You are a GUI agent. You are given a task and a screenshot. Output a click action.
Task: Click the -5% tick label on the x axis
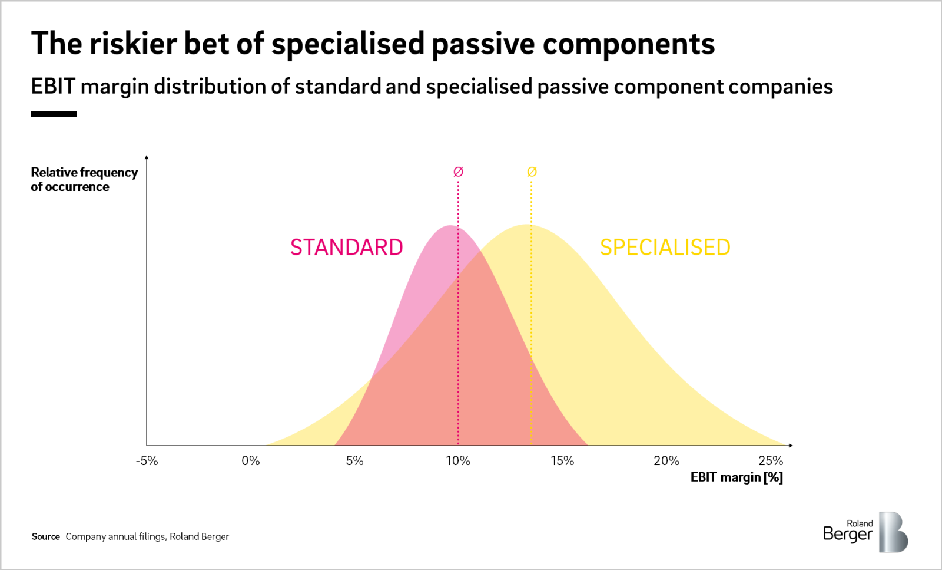coord(147,461)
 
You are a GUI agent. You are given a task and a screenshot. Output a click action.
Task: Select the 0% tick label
coord(251,461)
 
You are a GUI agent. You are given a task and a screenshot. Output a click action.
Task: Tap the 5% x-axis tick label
coord(354,461)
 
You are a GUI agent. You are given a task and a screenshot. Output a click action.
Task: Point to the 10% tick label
coord(458,461)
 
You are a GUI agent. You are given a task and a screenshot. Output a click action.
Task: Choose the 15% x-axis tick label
coord(562,461)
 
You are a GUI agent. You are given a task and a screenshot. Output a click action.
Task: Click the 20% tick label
coord(666,461)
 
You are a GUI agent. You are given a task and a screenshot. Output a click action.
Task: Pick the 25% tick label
coord(770,461)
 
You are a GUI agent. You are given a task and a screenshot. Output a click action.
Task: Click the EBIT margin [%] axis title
coord(737,477)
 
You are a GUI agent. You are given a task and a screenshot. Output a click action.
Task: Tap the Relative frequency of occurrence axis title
coord(84,179)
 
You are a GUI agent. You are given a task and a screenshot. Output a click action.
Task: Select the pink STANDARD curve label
coord(346,248)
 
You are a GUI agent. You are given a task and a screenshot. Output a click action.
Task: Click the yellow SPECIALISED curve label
coord(665,248)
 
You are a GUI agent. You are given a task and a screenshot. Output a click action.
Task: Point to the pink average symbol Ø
coord(458,172)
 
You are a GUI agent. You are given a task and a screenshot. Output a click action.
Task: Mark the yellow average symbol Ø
coord(532,172)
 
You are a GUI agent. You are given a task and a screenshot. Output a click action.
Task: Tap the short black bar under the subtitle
coord(54,114)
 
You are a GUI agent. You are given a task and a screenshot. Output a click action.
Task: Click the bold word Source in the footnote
coord(45,536)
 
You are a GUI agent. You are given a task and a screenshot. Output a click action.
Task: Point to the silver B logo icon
coord(893,532)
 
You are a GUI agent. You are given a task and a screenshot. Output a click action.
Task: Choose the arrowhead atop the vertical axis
coord(147,157)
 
